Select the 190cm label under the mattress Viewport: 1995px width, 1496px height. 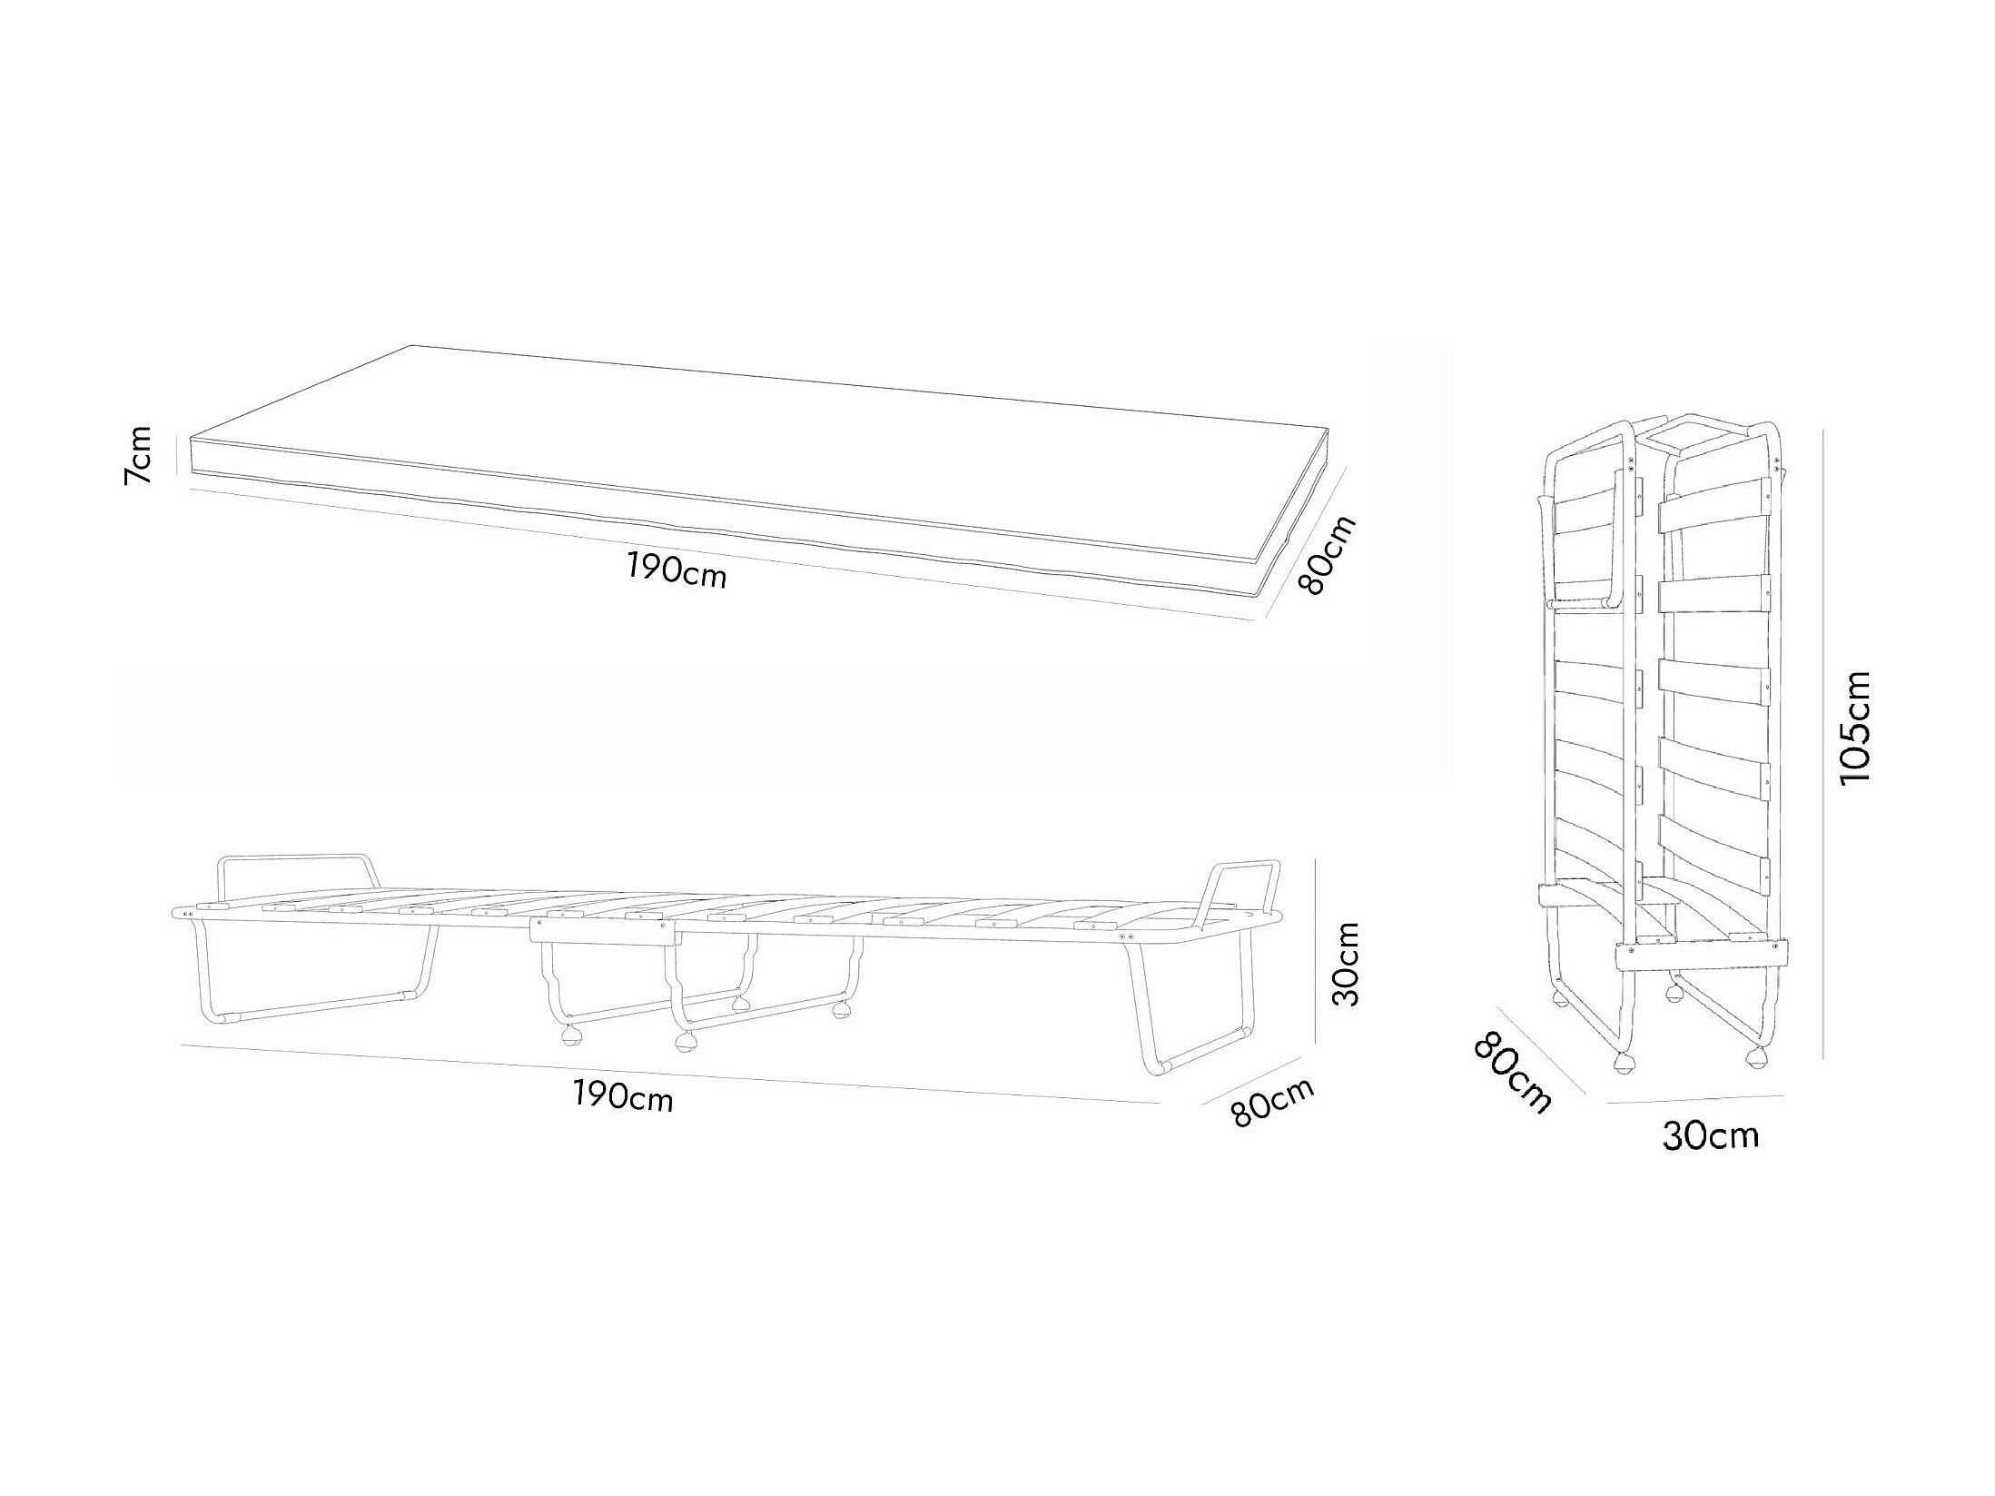677,571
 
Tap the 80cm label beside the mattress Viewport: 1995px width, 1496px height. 1327,554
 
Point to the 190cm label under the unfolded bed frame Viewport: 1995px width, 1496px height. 623,1097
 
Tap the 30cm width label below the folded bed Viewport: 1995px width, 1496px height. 1710,1135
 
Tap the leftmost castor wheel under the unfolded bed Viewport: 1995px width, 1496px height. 572,1035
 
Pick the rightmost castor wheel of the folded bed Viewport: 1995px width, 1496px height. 1757,1056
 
